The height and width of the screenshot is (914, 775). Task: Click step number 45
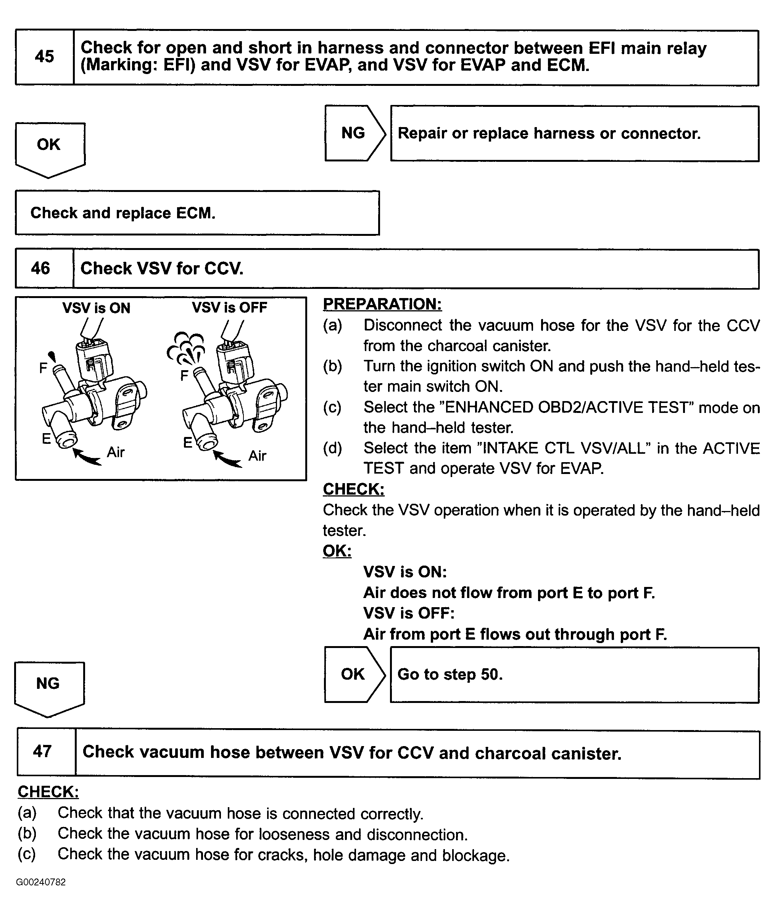pyautogui.click(x=44, y=57)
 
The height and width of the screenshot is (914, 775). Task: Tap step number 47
pyautogui.click(x=42, y=751)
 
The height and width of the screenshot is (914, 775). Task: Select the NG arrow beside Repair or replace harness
pyautogui.click(x=354, y=133)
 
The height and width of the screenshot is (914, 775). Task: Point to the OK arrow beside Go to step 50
pyautogui.click(x=353, y=674)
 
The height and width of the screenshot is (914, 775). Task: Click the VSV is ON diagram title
pyautogui.click(x=96, y=308)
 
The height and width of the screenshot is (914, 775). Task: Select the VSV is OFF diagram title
pyautogui.click(x=229, y=308)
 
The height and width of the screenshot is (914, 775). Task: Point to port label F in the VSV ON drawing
pyautogui.click(x=43, y=368)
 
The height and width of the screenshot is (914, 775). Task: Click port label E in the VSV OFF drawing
pyautogui.click(x=188, y=443)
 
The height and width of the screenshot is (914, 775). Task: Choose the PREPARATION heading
pyautogui.click(x=382, y=304)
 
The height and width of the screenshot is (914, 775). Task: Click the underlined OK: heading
pyautogui.click(x=337, y=551)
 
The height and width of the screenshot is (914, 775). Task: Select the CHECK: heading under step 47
pyautogui.click(x=48, y=792)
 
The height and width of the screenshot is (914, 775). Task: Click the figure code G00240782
pyautogui.click(x=41, y=882)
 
